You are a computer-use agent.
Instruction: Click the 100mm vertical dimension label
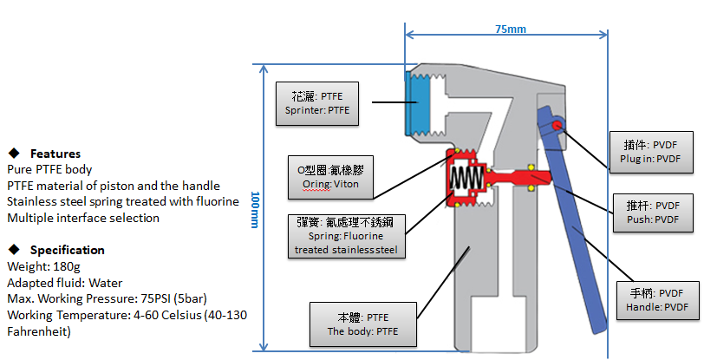[254, 209]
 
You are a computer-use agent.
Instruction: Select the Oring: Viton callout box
[322, 177]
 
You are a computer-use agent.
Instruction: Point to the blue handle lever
[577, 234]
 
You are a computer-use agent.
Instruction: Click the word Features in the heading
[55, 154]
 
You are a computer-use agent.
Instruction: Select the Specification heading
[67, 250]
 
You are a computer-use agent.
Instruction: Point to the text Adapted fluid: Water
[64, 283]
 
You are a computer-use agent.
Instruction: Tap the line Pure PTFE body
[49, 169]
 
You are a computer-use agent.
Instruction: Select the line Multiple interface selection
[82, 218]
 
